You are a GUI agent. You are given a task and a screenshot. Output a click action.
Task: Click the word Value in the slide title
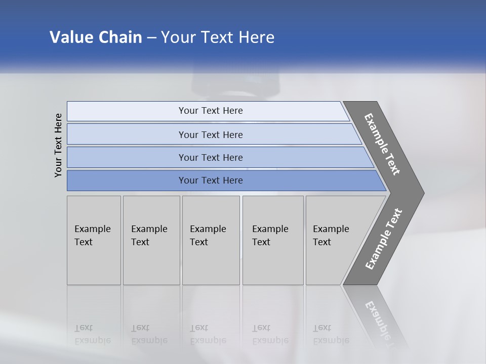pyautogui.click(x=70, y=37)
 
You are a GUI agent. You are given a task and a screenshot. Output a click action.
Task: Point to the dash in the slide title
pyautogui.click(x=151, y=37)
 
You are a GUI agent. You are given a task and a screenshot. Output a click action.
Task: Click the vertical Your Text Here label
pyautogui.click(x=58, y=146)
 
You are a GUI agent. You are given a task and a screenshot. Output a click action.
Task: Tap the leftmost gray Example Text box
pyautogui.click(x=94, y=240)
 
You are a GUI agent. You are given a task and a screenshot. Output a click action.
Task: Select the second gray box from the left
pyautogui.click(x=151, y=240)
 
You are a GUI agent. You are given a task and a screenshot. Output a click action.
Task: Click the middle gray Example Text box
pyautogui.click(x=211, y=240)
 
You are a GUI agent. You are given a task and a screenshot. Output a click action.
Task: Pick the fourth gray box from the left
pyautogui.click(x=273, y=240)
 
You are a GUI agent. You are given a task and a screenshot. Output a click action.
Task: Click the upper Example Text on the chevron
pyautogui.click(x=382, y=144)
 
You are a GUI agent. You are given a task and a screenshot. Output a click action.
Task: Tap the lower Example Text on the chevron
pyautogui.click(x=384, y=239)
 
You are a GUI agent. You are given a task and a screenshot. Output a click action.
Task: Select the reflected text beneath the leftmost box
pyautogui.click(x=93, y=334)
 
